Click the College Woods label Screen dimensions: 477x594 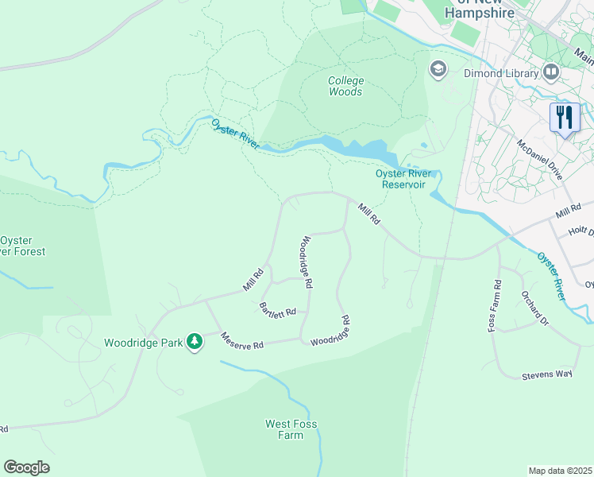345,86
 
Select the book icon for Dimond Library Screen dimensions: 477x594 551,72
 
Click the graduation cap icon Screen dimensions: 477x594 438,70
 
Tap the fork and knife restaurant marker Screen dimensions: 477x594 565,118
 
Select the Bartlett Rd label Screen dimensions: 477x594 278,310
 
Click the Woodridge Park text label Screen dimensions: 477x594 142,343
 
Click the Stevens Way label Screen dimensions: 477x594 546,374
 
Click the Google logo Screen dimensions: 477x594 26,467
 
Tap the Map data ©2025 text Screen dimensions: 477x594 560,471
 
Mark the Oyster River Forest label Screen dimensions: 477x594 22,246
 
